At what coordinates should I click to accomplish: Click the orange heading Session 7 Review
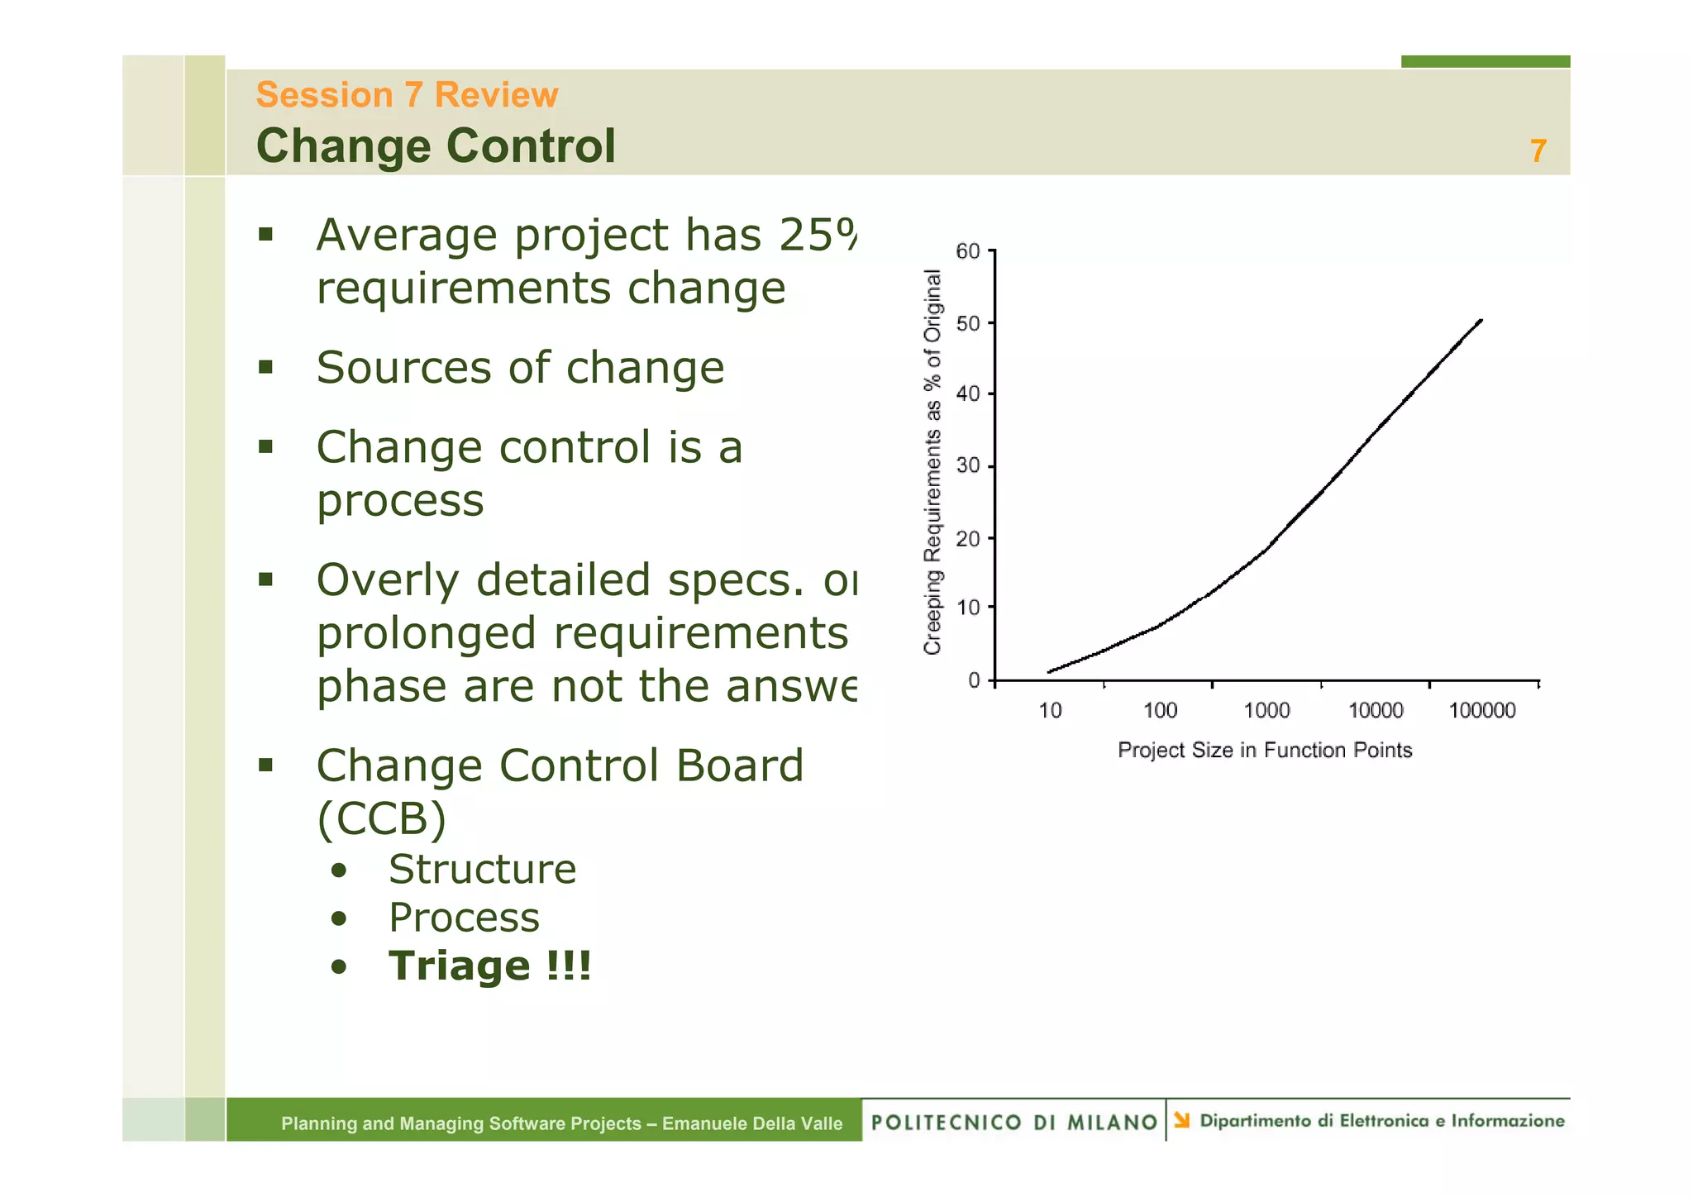point(407,95)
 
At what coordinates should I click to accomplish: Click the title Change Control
point(436,146)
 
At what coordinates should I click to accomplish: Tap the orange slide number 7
point(1538,151)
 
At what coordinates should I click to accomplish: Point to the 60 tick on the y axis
point(968,251)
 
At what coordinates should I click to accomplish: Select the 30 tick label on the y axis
point(968,466)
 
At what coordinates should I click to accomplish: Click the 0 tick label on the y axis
point(974,680)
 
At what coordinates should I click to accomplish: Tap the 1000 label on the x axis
point(1266,711)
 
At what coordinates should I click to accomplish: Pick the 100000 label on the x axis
point(1482,711)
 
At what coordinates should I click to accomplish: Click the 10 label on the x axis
point(1050,711)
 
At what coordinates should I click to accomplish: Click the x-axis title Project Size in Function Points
point(1265,751)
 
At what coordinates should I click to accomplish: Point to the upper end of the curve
point(1481,321)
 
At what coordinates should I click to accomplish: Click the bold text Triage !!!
point(490,966)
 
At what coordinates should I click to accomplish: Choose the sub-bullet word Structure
point(482,870)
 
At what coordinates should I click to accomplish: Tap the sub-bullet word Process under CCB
point(464,918)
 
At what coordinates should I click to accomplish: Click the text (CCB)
point(381,819)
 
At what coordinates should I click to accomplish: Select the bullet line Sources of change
point(520,368)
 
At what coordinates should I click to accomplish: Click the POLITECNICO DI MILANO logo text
point(1013,1123)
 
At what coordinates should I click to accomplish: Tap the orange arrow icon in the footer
point(1182,1121)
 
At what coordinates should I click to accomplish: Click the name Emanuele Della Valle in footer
point(751,1123)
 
